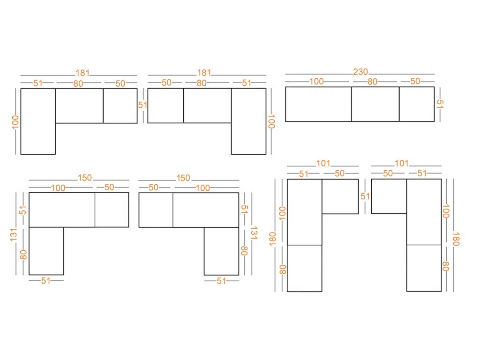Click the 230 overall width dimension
[x=360, y=72]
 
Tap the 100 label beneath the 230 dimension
[x=316, y=81]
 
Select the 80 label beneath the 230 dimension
[x=372, y=81]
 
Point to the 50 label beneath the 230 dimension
[x=415, y=81]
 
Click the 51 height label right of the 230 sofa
[x=440, y=104]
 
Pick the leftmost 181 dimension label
[x=82, y=73]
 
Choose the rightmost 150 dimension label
[x=183, y=178]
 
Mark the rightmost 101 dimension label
[x=401, y=164]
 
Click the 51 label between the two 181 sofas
[x=142, y=105]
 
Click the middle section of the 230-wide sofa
[x=375, y=104]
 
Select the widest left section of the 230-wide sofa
[x=318, y=104]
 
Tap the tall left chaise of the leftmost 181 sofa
[x=38, y=121]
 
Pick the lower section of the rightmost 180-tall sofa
[x=424, y=268]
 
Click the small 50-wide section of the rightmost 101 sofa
[x=389, y=196]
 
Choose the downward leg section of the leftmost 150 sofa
[x=46, y=251]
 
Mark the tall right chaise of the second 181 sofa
[x=248, y=121]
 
